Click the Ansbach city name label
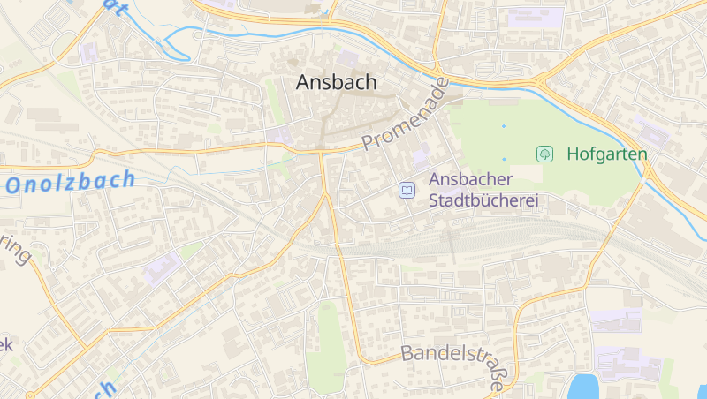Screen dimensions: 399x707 point(336,82)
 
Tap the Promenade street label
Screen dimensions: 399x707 point(406,114)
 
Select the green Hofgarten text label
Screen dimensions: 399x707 point(606,154)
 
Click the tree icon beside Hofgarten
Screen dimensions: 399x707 point(545,154)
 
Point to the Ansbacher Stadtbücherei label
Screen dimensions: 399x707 point(483,190)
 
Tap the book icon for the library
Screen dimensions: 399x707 point(407,190)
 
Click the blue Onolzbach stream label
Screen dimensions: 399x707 point(71,182)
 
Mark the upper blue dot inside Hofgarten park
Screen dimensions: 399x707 point(504,126)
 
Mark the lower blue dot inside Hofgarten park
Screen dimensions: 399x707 point(504,159)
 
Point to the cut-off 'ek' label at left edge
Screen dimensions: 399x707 point(6,343)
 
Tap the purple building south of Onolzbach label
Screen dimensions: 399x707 point(160,267)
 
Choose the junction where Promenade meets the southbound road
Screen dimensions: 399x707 point(321,152)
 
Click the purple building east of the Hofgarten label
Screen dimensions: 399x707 point(655,134)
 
